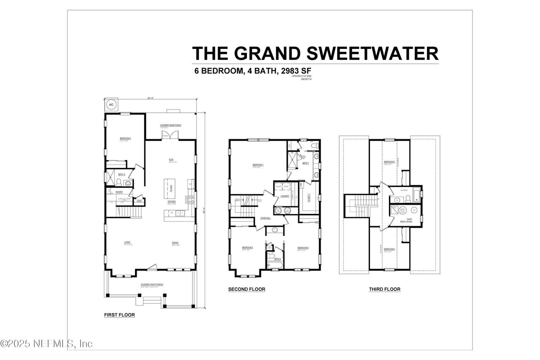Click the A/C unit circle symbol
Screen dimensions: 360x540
pos(111,104)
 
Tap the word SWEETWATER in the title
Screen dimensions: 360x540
pos(372,54)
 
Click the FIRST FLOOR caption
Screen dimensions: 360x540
pos(119,315)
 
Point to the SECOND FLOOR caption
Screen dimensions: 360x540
pos(246,289)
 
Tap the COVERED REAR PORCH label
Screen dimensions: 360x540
pos(170,125)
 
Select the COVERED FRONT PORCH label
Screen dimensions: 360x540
pos(152,284)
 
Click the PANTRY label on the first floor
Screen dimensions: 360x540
pos(119,192)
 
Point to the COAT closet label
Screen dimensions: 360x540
pos(139,201)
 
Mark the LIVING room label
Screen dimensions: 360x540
pos(127,242)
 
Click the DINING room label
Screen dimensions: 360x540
pos(175,242)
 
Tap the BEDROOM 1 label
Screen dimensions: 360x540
pos(258,165)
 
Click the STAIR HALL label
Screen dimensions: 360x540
pos(265,218)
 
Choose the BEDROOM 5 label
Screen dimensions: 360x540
pos(389,162)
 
